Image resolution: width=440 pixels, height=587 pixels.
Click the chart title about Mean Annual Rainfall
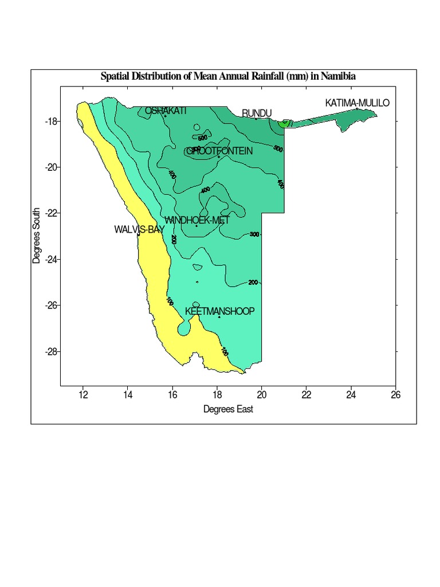point(228,76)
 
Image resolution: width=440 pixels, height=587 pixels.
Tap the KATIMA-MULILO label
point(357,103)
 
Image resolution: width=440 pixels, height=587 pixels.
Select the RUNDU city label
point(256,114)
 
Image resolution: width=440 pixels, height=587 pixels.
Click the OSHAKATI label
point(166,111)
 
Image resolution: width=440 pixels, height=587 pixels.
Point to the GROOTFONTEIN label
point(219,151)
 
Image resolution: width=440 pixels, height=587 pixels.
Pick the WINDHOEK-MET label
point(197,220)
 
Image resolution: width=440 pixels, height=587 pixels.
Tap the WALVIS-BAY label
point(139,229)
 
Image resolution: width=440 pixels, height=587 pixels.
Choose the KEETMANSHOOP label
point(219,311)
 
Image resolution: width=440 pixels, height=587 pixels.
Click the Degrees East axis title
point(228,409)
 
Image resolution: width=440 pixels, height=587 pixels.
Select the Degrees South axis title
point(37,236)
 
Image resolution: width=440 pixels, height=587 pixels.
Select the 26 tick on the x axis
point(395,394)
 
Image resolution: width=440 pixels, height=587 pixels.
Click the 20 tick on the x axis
point(261,394)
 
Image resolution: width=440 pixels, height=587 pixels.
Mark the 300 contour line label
point(254,234)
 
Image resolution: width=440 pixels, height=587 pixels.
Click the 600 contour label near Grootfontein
point(202,138)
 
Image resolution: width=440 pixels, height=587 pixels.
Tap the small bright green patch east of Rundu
point(284,122)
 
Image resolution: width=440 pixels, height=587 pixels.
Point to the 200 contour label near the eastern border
point(253,282)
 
